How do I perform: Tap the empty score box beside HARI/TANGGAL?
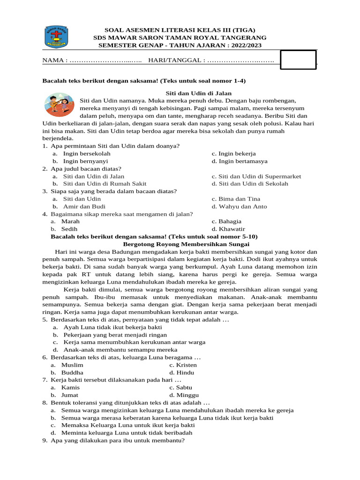[298, 60]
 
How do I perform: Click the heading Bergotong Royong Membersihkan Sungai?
[186, 244]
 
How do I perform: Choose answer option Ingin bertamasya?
[240, 161]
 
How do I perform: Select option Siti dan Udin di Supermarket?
[256, 176]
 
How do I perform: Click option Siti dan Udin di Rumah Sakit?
[105, 184]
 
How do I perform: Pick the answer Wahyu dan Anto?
[239, 206]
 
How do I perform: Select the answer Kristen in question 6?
[183, 365]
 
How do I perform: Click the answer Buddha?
[72, 372]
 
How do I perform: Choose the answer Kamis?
[70, 387]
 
